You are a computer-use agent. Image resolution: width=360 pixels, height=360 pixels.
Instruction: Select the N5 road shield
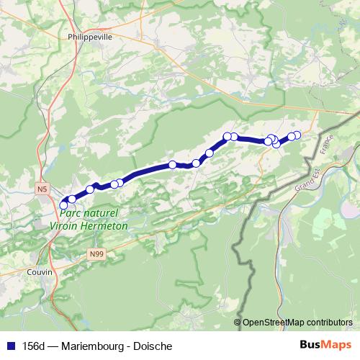pyautogui.click(x=42, y=189)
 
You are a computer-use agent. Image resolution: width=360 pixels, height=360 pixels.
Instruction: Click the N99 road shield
pyautogui.click(x=97, y=254)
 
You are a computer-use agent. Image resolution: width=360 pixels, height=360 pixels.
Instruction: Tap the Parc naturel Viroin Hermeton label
pyautogui.click(x=89, y=219)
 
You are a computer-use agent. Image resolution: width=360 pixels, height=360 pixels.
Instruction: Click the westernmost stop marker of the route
pyautogui.click(x=63, y=206)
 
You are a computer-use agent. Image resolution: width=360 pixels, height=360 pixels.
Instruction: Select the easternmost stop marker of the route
pyautogui.click(x=297, y=135)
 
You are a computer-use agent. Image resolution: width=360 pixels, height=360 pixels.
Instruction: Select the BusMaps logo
pyautogui.click(x=325, y=344)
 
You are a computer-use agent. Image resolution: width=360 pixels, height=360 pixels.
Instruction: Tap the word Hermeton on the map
pyautogui.click(x=104, y=225)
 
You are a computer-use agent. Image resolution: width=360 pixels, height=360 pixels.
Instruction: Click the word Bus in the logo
pyautogui.click(x=312, y=344)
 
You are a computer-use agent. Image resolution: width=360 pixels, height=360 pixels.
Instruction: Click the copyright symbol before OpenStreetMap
pyautogui.click(x=238, y=323)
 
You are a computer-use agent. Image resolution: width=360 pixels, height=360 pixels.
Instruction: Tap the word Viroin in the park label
pyautogui.click(x=66, y=225)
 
